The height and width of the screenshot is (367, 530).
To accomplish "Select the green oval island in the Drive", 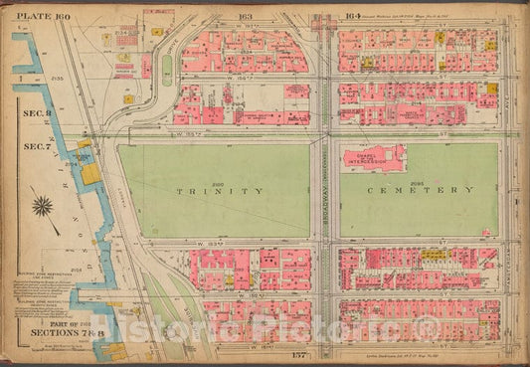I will pyautogui.click(x=166, y=67).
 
